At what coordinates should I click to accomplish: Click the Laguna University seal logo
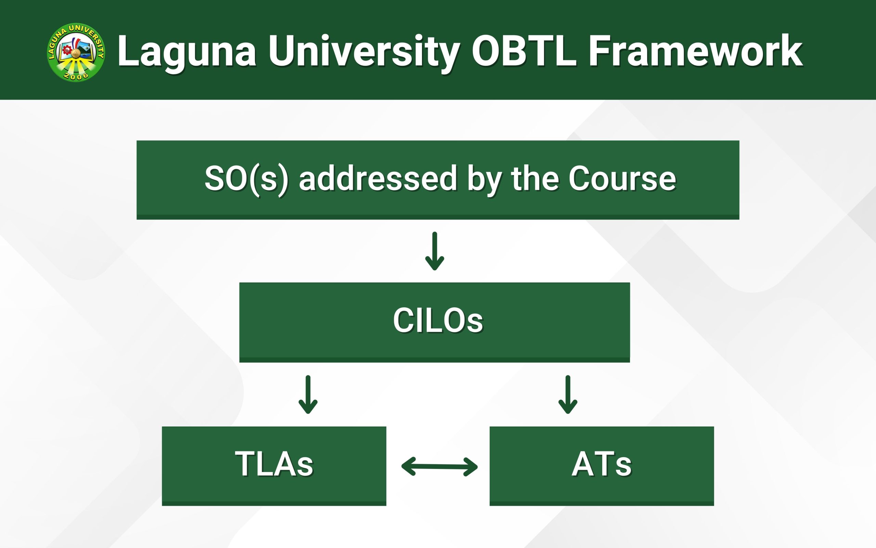pyautogui.click(x=76, y=52)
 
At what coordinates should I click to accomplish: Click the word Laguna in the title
pyautogui.click(x=187, y=52)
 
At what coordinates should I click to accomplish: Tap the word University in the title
pyautogui.click(x=364, y=52)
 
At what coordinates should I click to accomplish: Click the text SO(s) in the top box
pyautogui.click(x=246, y=179)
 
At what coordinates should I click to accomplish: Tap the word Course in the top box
pyautogui.click(x=622, y=178)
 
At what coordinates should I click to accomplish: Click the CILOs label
pyautogui.click(x=438, y=320)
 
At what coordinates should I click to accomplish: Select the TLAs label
pyautogui.click(x=274, y=464)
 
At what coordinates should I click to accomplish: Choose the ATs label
pyautogui.click(x=602, y=464)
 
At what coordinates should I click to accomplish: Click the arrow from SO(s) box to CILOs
pyautogui.click(x=434, y=251)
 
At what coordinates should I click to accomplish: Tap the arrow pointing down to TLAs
pyautogui.click(x=308, y=395)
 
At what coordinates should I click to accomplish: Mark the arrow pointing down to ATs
pyautogui.click(x=568, y=395)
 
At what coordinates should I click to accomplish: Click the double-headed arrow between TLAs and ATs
pyautogui.click(x=439, y=466)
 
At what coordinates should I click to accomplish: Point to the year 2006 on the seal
pyautogui.click(x=76, y=75)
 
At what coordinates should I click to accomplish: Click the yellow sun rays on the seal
pyautogui.click(x=76, y=67)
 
